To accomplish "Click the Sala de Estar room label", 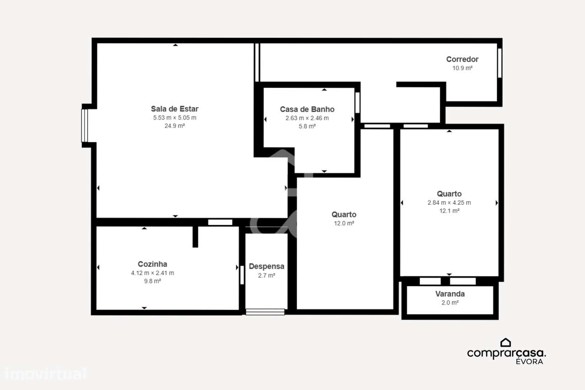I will [x=175, y=109].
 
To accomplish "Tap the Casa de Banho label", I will [x=307, y=109].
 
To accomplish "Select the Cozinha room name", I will [x=152, y=264].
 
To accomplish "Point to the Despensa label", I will [x=266, y=266].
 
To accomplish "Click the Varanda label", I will [x=450, y=294].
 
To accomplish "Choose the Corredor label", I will [x=462, y=59].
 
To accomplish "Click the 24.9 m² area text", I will [x=175, y=126].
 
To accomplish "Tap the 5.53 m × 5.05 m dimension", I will [x=175, y=118].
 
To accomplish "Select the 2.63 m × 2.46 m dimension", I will [x=307, y=118].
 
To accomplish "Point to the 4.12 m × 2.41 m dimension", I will [x=152, y=273].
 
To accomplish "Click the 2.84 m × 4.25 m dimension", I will [x=449, y=203].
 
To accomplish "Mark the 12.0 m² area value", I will [x=344, y=223].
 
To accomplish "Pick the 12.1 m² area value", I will [x=449, y=211].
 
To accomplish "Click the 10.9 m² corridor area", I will [x=462, y=68].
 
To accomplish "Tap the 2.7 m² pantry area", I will [x=266, y=275].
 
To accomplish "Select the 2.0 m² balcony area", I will [x=450, y=302].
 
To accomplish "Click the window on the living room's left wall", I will [x=84, y=126].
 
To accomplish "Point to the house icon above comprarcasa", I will [x=505, y=342].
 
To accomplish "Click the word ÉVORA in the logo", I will [x=529, y=361].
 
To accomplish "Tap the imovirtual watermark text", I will [x=45, y=374].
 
